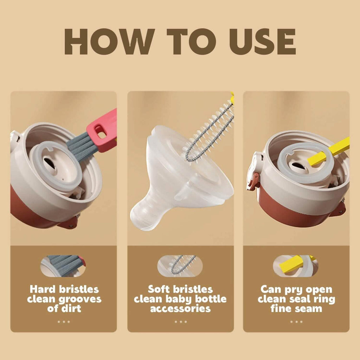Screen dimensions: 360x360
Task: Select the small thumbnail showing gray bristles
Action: [x=63, y=266]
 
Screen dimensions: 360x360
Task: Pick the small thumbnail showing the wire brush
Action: [x=180, y=266]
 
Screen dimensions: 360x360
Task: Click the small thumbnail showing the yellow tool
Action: [x=296, y=266]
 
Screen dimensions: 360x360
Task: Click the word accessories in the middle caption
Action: [x=180, y=309]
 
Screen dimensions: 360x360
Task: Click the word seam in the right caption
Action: [x=309, y=309]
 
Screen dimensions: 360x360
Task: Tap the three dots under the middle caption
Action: [x=180, y=321]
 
